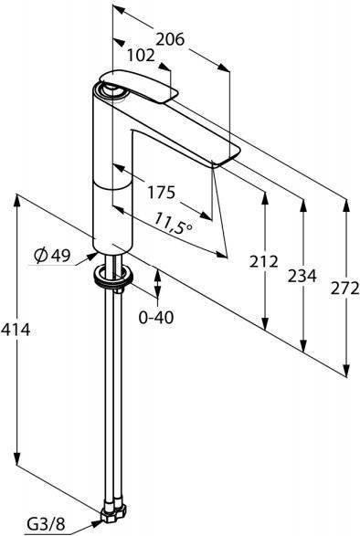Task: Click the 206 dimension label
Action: (170, 39)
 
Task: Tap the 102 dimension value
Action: (141, 56)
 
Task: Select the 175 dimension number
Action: (161, 193)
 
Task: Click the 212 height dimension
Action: (263, 262)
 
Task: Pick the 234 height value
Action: (302, 276)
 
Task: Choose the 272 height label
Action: (345, 289)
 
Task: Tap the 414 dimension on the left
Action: (16, 330)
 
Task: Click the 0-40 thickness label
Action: (156, 318)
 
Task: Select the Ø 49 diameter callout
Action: (52, 255)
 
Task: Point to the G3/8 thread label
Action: (47, 524)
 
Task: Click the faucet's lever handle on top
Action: (139, 86)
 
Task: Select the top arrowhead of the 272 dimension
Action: (346, 205)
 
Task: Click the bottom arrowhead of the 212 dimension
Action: (265, 322)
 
